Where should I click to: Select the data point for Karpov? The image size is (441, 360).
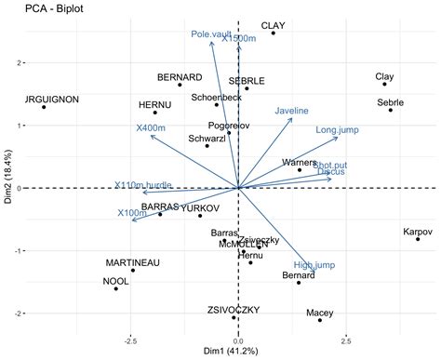click(x=418, y=239)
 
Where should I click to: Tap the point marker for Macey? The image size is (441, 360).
click(x=320, y=320)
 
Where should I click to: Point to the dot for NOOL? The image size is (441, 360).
click(x=116, y=289)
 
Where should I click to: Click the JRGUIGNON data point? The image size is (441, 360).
click(x=44, y=107)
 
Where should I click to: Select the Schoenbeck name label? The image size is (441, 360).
click(x=217, y=97)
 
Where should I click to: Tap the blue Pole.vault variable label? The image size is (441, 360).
click(x=211, y=34)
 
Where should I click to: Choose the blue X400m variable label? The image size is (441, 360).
click(x=151, y=127)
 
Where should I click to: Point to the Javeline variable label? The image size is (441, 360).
click(x=291, y=111)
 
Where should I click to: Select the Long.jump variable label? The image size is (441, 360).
click(x=338, y=129)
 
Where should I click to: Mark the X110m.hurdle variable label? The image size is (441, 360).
click(x=143, y=185)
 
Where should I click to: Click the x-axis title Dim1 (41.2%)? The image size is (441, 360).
click(x=239, y=351)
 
